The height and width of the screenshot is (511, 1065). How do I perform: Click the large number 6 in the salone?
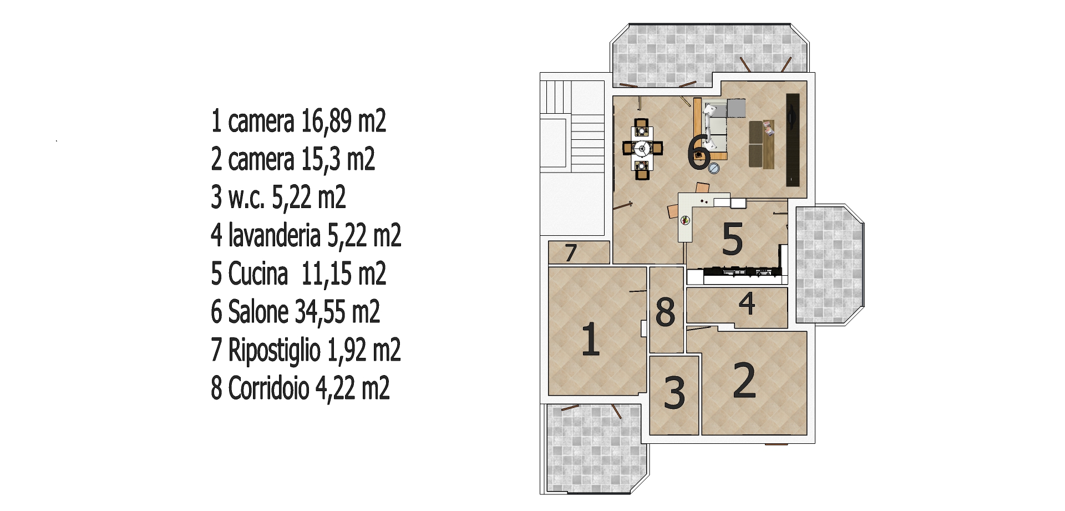click(x=699, y=153)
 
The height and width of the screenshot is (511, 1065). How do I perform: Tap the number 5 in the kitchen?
click(x=733, y=239)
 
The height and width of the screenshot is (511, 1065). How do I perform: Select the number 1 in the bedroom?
click(x=591, y=339)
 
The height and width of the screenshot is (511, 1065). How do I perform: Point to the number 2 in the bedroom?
click(x=744, y=381)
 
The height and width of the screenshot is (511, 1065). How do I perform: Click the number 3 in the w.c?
click(x=674, y=393)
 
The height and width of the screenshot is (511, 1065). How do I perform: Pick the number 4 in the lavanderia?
click(x=747, y=303)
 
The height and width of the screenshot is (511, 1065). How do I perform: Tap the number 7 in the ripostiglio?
click(x=571, y=252)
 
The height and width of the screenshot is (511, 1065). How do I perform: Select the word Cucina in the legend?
click(x=258, y=273)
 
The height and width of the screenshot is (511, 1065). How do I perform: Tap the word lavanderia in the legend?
click(x=275, y=235)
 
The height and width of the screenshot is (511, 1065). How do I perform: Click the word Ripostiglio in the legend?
click(x=275, y=351)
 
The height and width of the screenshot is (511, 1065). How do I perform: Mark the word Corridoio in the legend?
click(x=269, y=388)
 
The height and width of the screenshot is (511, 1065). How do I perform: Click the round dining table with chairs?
click(x=642, y=149)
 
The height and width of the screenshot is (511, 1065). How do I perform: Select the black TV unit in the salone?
click(x=793, y=140)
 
